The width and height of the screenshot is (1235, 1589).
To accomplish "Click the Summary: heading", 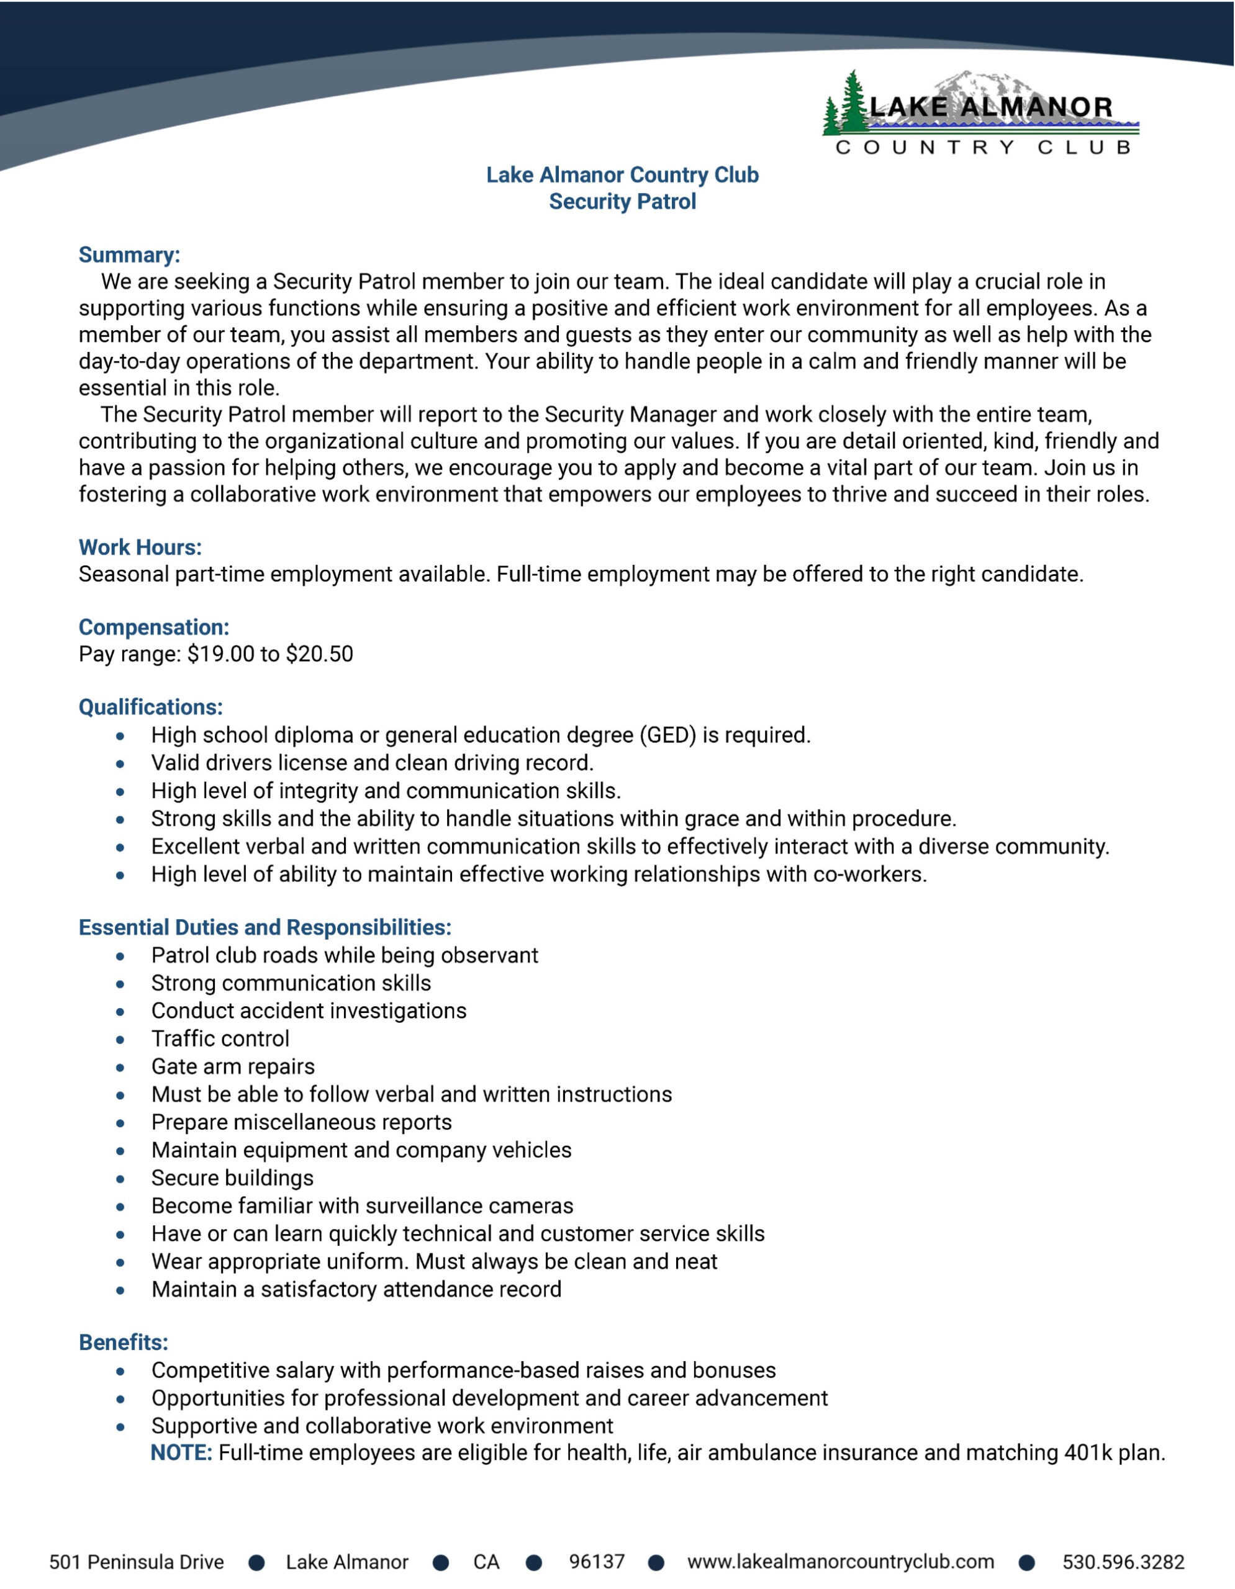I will [129, 254].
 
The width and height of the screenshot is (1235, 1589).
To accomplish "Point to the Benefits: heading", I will [123, 1343].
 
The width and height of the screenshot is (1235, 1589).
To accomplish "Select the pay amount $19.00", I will [220, 654].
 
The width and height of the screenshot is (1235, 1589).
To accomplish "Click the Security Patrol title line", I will [622, 202].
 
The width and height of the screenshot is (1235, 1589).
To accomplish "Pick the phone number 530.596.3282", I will [1123, 1562].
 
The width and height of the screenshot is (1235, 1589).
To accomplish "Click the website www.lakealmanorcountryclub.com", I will [841, 1562].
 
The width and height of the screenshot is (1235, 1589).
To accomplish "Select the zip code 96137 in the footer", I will [597, 1562].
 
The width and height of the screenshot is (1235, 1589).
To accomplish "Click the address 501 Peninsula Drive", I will [137, 1562].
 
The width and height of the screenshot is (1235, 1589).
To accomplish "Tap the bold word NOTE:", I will [181, 1453].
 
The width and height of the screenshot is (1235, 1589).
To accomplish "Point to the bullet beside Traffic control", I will [120, 1040].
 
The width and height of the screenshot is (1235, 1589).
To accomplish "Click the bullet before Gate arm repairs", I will [120, 1068].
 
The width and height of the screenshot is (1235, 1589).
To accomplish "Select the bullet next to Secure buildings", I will [120, 1179].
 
